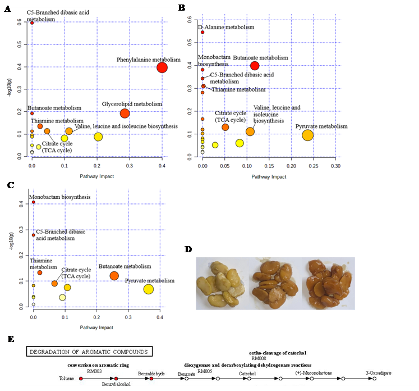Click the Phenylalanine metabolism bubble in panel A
tap(162, 67)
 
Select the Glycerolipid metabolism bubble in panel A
tap(125, 113)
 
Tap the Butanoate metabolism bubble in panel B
tap(255, 66)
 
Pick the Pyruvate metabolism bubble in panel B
tap(307, 135)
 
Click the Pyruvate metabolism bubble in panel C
tap(148, 289)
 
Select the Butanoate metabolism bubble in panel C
tap(114, 275)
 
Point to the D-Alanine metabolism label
tap(226, 27)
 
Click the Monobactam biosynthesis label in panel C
tap(61, 197)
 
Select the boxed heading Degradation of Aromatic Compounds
tap(90, 352)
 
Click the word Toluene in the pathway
tap(66, 379)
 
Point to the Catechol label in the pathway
tap(248, 373)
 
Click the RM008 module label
tap(259, 358)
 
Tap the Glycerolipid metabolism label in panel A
tap(132, 104)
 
